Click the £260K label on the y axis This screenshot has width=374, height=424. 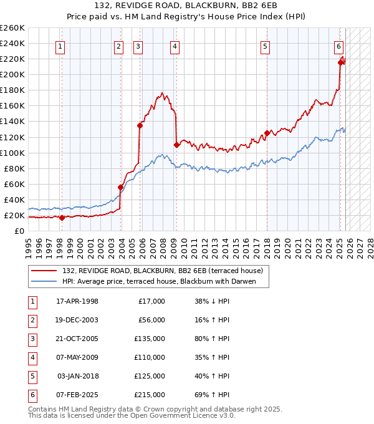point(12,28)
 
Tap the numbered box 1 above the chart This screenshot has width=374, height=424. point(60,46)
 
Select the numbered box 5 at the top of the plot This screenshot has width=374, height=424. point(266,46)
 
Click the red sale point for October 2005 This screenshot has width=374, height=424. point(140,125)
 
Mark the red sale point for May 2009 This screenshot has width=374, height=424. point(176,145)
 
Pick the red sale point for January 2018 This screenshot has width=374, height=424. point(267,133)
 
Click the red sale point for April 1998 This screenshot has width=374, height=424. point(62,218)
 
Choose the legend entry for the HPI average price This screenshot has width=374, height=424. point(165,281)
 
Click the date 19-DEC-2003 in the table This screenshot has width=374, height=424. point(77,320)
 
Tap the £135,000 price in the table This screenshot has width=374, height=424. point(150,339)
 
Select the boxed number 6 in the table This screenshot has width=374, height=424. point(32,395)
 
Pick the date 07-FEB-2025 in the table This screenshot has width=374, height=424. point(77,395)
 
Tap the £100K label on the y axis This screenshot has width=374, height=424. point(12,153)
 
